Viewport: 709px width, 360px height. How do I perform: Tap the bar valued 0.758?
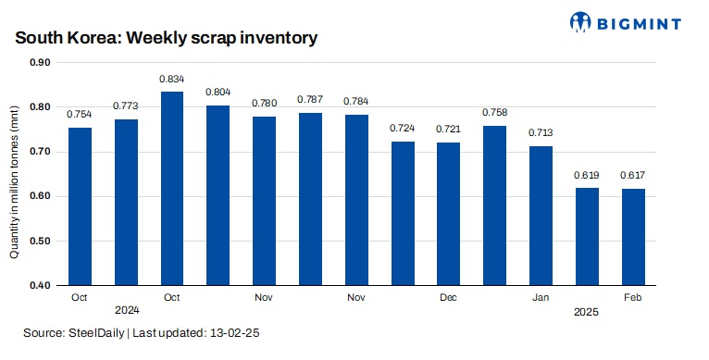[x=494, y=205]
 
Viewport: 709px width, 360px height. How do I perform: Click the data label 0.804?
[x=218, y=92]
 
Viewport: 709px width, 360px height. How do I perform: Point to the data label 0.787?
[x=310, y=99]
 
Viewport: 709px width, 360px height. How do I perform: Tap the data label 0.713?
[x=541, y=132]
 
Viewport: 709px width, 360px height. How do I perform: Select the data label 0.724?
[x=403, y=127]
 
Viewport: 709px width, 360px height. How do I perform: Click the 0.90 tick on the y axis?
[x=42, y=63]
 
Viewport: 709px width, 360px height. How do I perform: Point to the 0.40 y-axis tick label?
[x=42, y=285]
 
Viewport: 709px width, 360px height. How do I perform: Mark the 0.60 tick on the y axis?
[x=42, y=196]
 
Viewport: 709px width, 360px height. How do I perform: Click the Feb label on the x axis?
[x=632, y=298]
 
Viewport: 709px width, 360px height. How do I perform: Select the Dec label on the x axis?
[x=448, y=298]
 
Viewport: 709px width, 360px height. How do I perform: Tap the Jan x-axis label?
[x=541, y=298]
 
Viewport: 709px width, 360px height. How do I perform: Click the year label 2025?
[x=586, y=313]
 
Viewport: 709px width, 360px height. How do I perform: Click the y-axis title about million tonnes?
[x=16, y=174]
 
